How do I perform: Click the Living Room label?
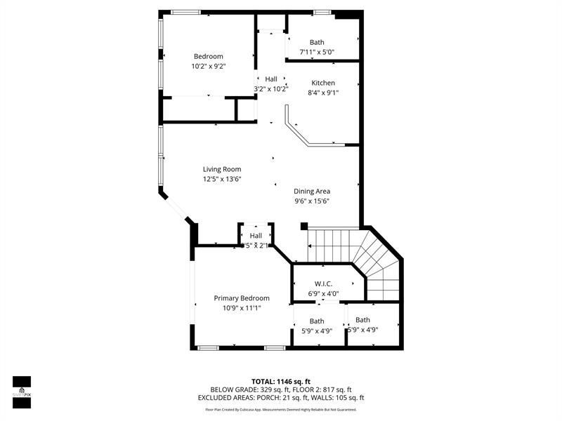(x=222, y=169)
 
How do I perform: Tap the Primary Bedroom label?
(x=242, y=298)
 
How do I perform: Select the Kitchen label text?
(x=323, y=83)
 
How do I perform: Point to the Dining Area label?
(x=312, y=191)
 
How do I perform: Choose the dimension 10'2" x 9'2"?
(x=209, y=66)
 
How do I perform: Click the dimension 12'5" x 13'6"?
(x=222, y=179)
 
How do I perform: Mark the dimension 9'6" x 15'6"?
(x=312, y=201)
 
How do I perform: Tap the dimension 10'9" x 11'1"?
(x=242, y=308)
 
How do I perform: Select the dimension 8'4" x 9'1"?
(x=323, y=93)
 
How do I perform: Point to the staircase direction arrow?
(x=310, y=246)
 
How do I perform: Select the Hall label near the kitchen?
(x=271, y=79)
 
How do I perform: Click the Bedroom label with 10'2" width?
(x=209, y=56)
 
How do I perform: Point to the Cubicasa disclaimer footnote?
(x=281, y=409)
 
